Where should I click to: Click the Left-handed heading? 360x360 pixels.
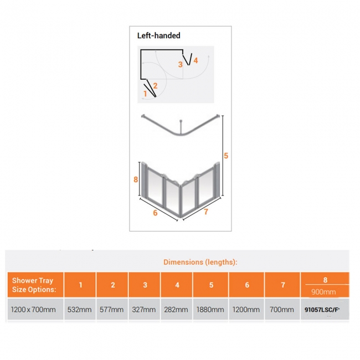[159, 35]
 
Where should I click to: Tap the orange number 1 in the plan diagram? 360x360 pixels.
[145, 94]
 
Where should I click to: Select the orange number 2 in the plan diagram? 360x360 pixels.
[156, 85]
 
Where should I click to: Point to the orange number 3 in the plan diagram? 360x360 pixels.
[181, 64]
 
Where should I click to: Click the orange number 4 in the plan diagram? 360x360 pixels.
[196, 60]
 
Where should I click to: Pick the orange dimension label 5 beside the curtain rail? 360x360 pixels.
[226, 156]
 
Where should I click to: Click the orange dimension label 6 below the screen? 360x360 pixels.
[156, 213]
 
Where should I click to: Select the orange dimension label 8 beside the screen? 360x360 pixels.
[136, 179]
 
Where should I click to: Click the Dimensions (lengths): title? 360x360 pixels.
[200, 262]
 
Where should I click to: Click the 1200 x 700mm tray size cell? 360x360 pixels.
[33, 310]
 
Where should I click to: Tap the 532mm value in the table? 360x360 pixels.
[80, 310]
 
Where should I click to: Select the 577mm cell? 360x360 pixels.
[112, 310]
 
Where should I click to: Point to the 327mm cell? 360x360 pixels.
[145, 310]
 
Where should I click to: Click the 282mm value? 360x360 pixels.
[177, 310]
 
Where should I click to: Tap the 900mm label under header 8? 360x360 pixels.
[325, 291]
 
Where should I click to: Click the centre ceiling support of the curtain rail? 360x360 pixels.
[182, 125]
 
